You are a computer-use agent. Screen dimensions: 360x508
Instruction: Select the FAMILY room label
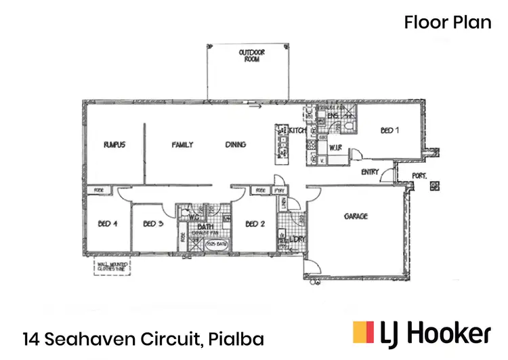pos(183,145)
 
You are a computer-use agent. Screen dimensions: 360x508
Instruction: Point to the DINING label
pos(235,145)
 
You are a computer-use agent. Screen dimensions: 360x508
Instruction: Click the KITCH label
pos(299,130)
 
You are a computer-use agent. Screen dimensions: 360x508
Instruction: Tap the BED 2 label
pos(254,224)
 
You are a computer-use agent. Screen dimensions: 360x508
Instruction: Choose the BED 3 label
pos(154,224)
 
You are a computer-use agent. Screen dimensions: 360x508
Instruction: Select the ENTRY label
pos(370,172)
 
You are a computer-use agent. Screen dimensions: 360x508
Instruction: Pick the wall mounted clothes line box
pos(112,265)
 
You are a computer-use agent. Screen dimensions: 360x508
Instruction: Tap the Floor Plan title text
pos(448,22)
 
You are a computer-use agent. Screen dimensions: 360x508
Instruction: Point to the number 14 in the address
pos(30,337)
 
